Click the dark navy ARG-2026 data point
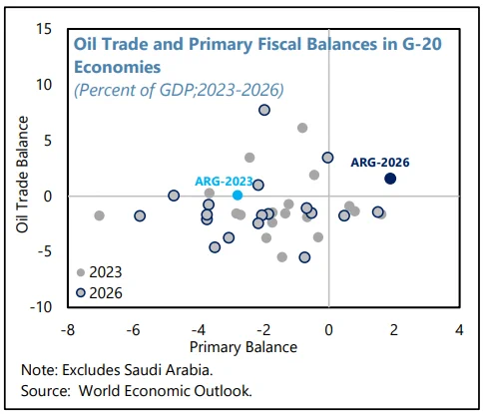point(390,179)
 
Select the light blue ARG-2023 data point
point(238,196)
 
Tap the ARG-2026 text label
point(380,163)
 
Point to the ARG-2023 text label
point(225,182)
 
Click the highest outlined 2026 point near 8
point(264,110)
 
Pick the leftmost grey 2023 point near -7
point(99,215)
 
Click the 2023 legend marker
point(81,272)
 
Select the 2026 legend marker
point(81,293)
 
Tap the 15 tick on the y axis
point(44,29)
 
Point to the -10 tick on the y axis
point(41,307)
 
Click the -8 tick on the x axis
point(68,330)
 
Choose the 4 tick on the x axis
point(459,330)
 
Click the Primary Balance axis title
point(243,347)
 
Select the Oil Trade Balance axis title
point(23,175)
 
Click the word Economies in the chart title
point(118,67)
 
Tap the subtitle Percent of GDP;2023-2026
point(179,90)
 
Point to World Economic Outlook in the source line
point(165,391)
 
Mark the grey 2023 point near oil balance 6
point(302,128)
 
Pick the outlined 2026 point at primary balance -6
point(140,215)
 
